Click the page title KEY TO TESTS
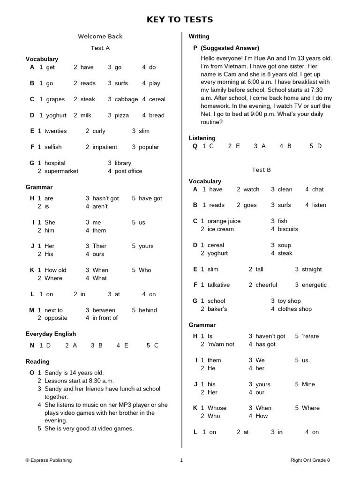click(180, 19)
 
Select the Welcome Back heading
click(100, 37)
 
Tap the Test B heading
click(261, 170)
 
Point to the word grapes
click(55, 99)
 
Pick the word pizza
click(122, 115)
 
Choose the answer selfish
click(53, 147)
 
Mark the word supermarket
click(61, 172)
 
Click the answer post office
click(128, 172)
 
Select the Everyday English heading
click(51, 334)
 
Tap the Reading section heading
click(37, 362)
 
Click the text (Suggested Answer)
click(230, 48)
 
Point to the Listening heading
click(202, 138)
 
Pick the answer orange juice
click(224, 221)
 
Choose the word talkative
click(219, 285)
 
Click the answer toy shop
click(289, 301)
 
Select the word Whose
click(217, 408)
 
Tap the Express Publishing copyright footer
click(49, 460)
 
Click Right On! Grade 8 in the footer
click(310, 460)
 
